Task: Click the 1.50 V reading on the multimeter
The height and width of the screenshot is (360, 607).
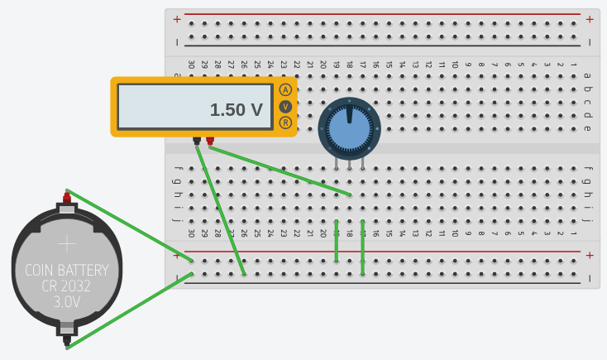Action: [x=236, y=110]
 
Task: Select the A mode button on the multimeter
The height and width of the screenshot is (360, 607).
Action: [x=285, y=89]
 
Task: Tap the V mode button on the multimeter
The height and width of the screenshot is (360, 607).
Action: [x=285, y=106]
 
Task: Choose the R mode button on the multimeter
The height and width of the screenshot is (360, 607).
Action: [x=285, y=122]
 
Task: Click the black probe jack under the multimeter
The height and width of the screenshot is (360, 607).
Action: [x=197, y=141]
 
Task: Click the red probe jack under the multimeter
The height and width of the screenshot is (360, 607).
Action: [x=210, y=141]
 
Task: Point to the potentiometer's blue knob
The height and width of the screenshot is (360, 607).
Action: [x=349, y=128]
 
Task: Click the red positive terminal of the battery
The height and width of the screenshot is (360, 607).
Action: [x=66, y=198]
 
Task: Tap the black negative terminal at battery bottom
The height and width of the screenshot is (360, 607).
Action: [x=66, y=338]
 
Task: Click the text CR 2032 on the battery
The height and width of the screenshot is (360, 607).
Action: [x=66, y=286]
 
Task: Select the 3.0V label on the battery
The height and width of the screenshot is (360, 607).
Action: [x=66, y=303]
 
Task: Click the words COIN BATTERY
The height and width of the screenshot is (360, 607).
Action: [x=66, y=271]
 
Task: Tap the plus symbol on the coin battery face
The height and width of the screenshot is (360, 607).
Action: [x=66, y=243]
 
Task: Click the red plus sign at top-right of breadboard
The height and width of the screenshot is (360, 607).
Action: [x=590, y=19]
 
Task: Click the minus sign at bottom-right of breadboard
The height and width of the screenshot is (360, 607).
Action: [x=590, y=278]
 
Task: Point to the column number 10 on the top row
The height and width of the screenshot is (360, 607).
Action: [x=455, y=64]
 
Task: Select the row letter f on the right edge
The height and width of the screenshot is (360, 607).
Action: [x=587, y=170]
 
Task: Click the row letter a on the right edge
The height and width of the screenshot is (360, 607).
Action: [x=587, y=76]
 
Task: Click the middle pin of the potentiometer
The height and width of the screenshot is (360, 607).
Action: [x=349, y=164]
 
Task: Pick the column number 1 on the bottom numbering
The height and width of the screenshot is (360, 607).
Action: [x=573, y=233]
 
